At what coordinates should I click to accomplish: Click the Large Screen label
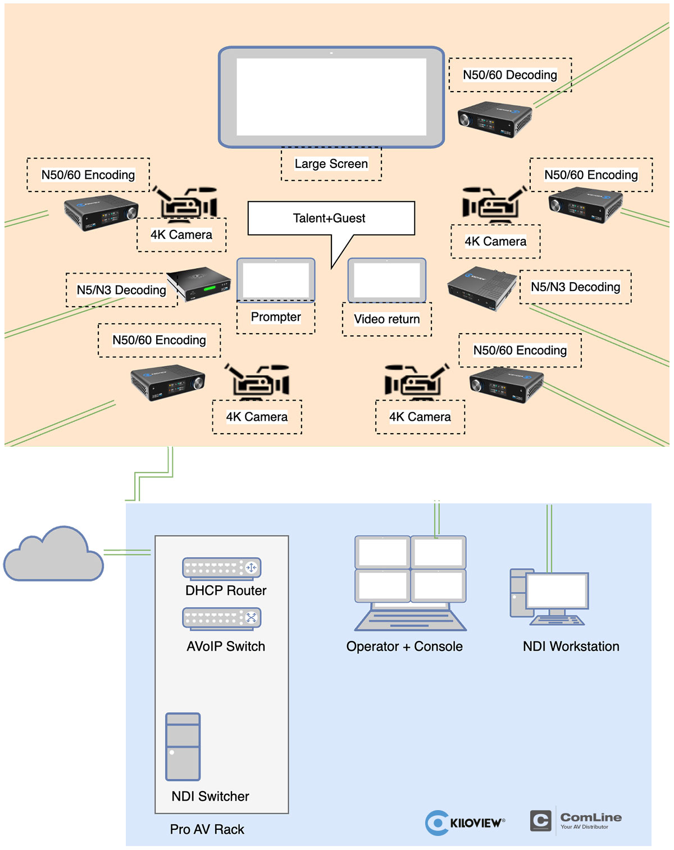tap(331, 164)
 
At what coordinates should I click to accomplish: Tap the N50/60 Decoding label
tap(510, 75)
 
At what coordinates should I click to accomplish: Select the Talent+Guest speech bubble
tap(331, 219)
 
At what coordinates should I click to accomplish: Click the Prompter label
tap(276, 317)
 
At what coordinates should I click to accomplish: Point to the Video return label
tap(387, 319)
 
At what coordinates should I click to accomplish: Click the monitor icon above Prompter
tap(276, 280)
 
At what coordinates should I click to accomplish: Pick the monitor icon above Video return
tap(387, 280)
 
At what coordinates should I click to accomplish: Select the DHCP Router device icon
tap(222, 568)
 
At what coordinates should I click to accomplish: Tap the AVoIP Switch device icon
tap(222, 618)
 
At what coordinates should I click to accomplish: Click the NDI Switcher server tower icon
tap(183, 747)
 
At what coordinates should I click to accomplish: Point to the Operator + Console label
tap(404, 647)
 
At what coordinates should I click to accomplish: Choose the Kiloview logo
tap(465, 822)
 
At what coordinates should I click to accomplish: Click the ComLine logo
tap(576, 820)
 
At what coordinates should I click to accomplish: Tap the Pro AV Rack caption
tap(207, 829)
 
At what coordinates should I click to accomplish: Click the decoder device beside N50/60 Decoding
tap(495, 119)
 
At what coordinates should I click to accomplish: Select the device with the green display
tap(199, 283)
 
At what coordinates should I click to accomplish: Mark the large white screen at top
tap(331, 97)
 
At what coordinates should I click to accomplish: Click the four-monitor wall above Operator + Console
tap(411, 569)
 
